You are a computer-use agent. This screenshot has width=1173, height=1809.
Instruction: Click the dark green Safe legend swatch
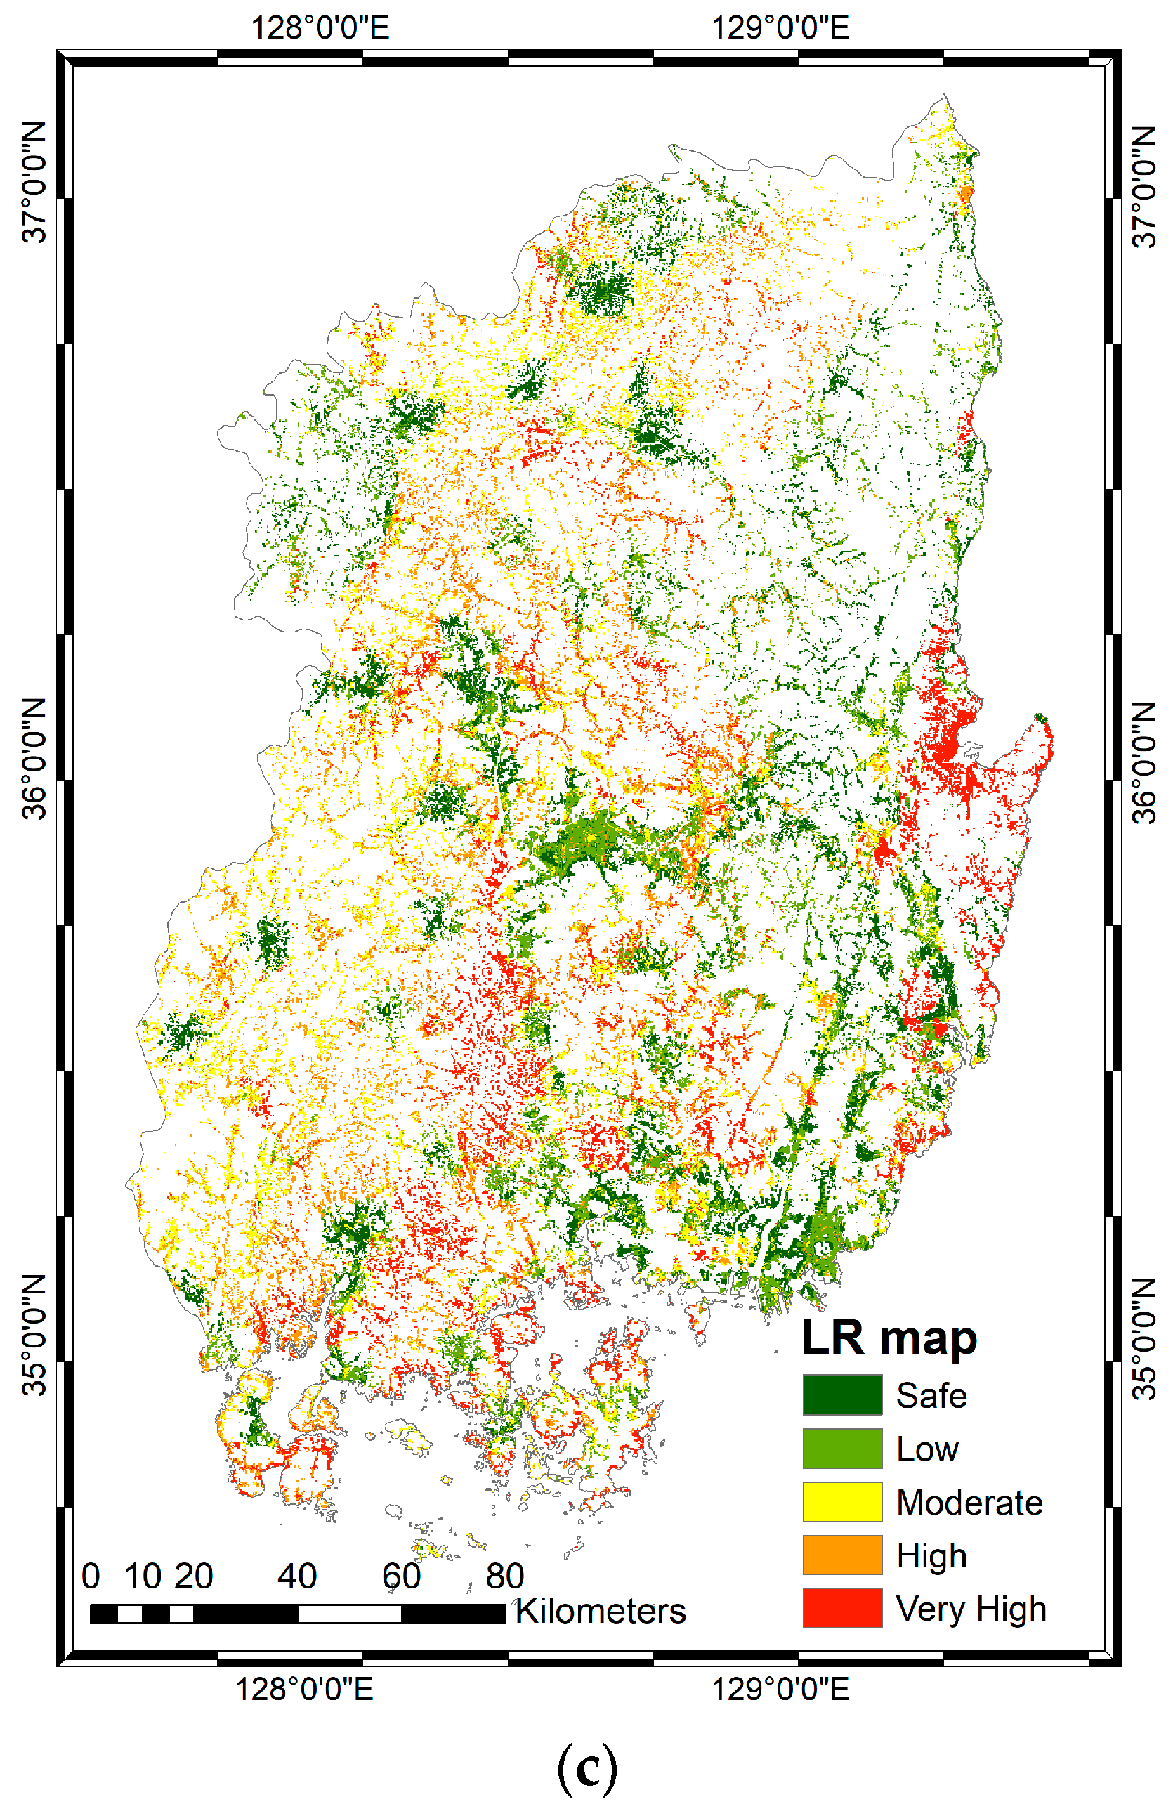pyautogui.click(x=841, y=1395)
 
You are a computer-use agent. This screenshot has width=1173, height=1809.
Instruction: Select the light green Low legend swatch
pyautogui.click(x=841, y=1448)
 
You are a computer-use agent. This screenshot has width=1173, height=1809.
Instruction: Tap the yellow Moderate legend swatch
pyautogui.click(x=841, y=1502)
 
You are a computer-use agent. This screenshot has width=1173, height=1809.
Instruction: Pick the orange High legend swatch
pyautogui.click(x=841, y=1555)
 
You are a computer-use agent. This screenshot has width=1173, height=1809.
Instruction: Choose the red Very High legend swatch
pyautogui.click(x=841, y=1607)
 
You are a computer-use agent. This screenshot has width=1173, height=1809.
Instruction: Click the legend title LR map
pyautogui.click(x=888, y=1338)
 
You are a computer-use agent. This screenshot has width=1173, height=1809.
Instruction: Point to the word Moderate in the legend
pyautogui.click(x=969, y=1503)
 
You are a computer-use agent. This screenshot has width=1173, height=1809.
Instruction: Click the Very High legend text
pyautogui.click(x=970, y=1608)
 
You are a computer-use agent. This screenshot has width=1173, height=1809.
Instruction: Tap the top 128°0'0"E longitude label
pyautogui.click(x=320, y=28)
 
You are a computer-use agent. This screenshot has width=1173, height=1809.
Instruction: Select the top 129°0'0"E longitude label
pyautogui.click(x=780, y=28)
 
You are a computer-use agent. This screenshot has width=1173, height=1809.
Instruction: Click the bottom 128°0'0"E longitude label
pyautogui.click(x=304, y=1690)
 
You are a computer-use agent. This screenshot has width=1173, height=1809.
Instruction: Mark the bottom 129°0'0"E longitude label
pyautogui.click(x=780, y=1690)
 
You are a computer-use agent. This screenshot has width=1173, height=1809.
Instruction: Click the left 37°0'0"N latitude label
pyautogui.click(x=34, y=183)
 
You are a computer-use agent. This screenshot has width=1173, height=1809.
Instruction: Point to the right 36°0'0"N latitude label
pyautogui.click(x=1144, y=762)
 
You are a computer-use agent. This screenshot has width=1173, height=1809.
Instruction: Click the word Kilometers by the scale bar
pyautogui.click(x=600, y=1611)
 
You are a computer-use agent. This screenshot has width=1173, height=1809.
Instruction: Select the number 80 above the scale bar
pyautogui.click(x=505, y=1576)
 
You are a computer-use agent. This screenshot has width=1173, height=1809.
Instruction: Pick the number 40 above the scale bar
pyautogui.click(x=297, y=1576)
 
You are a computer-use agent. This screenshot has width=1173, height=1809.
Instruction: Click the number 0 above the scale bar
pyautogui.click(x=91, y=1576)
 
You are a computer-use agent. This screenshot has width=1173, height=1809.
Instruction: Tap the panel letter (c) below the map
pyautogui.click(x=586, y=1769)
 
